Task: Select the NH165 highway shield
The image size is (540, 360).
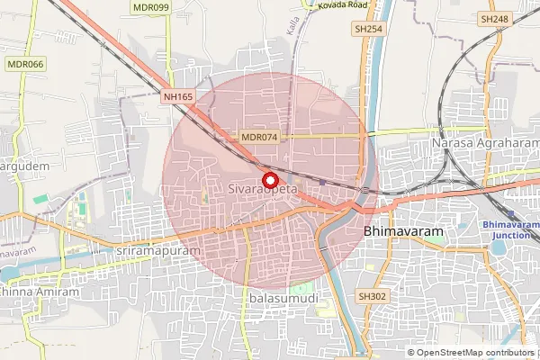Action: pyautogui.click(x=178, y=96)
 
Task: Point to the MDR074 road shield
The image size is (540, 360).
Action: pyautogui.click(x=260, y=137)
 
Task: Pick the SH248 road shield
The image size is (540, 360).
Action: pyautogui.click(x=494, y=18)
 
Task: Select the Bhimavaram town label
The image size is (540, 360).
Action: pyautogui.click(x=404, y=231)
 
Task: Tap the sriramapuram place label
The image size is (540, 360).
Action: pyautogui.click(x=157, y=250)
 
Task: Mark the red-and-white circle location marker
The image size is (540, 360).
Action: pyautogui.click(x=268, y=178)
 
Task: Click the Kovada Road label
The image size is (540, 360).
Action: pyautogui.click(x=343, y=4)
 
